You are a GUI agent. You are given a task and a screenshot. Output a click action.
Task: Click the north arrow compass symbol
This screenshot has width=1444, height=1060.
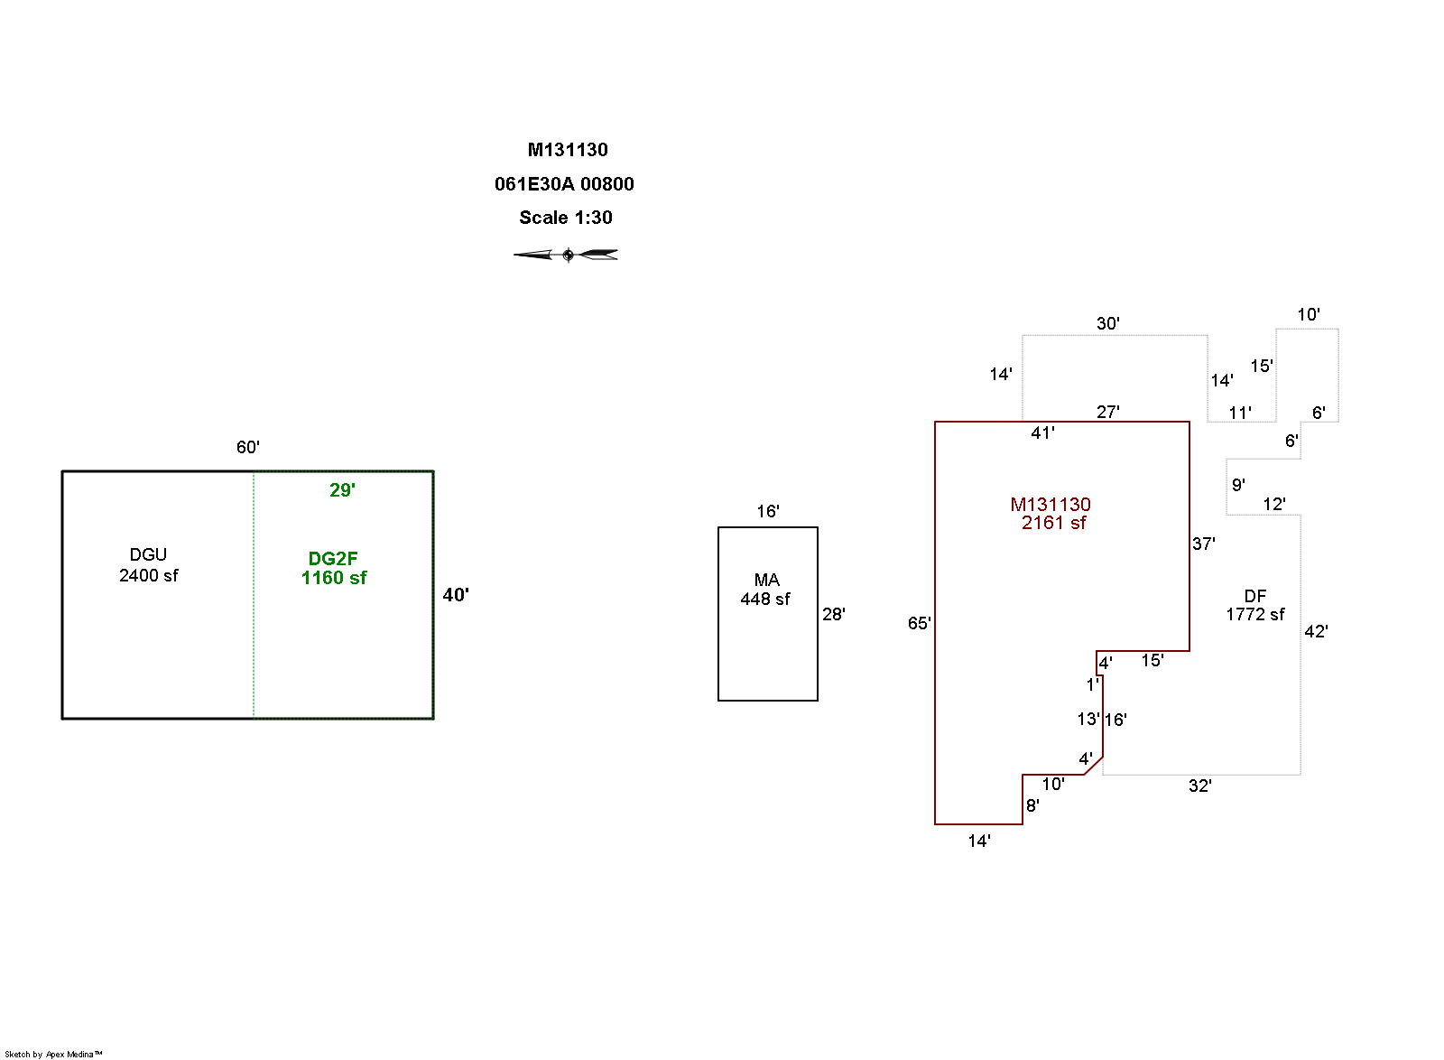tap(566, 255)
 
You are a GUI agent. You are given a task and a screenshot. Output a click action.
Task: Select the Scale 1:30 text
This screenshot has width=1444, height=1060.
tap(566, 218)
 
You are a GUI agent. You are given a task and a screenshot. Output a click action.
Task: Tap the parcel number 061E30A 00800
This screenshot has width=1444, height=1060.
tap(564, 184)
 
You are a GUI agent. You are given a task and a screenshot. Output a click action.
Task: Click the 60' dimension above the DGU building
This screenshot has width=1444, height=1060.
tap(248, 447)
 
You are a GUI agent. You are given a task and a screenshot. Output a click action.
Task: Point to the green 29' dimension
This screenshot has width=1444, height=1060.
tap(342, 490)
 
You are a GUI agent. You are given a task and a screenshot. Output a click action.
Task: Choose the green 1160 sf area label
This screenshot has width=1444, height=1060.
tap(334, 578)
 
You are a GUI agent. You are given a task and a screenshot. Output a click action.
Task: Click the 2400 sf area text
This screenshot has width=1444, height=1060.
tap(149, 575)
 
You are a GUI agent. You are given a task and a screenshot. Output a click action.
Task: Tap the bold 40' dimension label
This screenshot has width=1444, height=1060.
tap(456, 595)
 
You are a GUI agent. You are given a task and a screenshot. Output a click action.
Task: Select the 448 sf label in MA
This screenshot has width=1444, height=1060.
tap(765, 599)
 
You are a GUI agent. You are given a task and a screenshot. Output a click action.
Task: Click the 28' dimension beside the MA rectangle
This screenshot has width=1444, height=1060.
tap(834, 614)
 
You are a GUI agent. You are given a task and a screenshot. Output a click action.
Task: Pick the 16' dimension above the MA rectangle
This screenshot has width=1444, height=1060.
tap(768, 511)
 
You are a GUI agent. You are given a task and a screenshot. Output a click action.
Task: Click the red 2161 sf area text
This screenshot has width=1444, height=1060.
tap(1053, 523)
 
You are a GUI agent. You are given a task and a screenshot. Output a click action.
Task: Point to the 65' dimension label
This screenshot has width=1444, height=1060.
tap(920, 623)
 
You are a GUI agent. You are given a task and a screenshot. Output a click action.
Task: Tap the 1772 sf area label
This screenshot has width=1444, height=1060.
tap(1254, 615)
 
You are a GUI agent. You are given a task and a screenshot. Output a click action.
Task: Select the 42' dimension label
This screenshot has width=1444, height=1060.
tap(1316, 631)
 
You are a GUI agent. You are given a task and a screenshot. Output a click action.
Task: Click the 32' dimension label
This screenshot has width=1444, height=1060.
tap(1199, 786)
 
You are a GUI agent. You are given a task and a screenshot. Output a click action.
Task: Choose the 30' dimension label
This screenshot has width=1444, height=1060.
tap(1108, 323)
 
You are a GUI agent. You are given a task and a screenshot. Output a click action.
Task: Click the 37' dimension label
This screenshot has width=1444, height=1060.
tap(1204, 544)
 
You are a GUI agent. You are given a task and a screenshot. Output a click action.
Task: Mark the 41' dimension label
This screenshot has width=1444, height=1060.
tap(1043, 433)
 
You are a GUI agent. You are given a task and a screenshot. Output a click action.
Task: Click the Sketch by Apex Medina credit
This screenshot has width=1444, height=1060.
tap(53, 1054)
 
